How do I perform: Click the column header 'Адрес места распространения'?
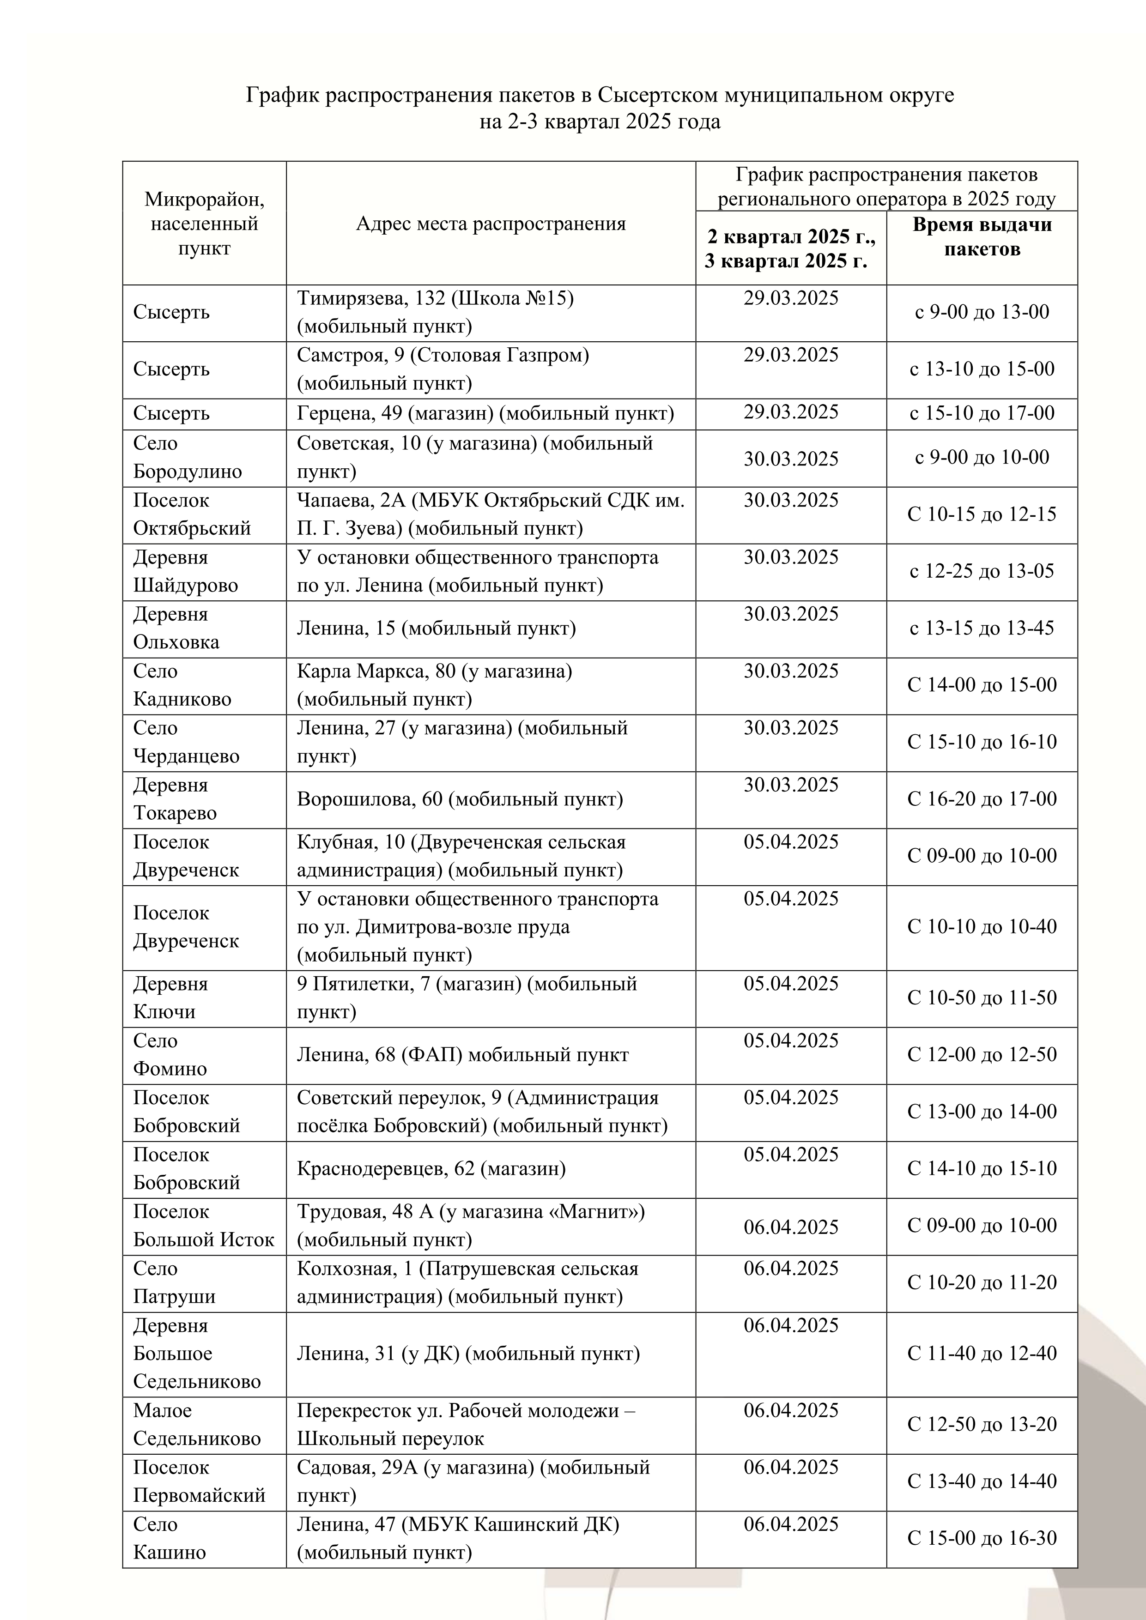click(491, 224)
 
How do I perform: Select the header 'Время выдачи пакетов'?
click(982, 236)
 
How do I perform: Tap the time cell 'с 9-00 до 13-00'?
click(982, 312)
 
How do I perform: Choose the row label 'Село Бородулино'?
click(188, 457)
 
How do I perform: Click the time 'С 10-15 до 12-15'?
click(982, 514)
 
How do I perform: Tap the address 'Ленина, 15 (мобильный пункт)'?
click(436, 628)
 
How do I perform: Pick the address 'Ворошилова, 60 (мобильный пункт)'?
click(460, 799)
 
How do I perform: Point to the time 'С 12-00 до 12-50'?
click(982, 1055)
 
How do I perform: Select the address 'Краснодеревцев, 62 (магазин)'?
click(431, 1168)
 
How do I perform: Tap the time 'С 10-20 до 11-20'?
click(982, 1282)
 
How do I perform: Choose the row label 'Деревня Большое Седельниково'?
click(197, 1353)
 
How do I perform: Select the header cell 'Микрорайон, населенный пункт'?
click(204, 224)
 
